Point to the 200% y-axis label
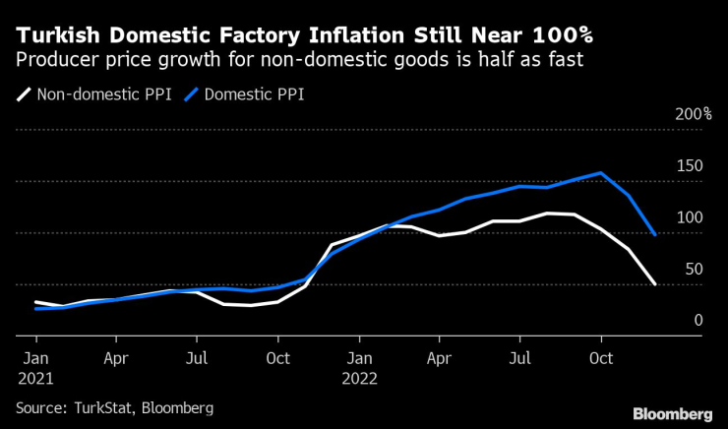pyautogui.click(x=694, y=114)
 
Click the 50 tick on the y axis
pyautogui.click(x=694, y=269)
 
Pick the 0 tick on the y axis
pyautogui.click(x=698, y=320)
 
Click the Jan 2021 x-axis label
pyautogui.click(x=35, y=365)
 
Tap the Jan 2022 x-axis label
pyautogui.click(x=359, y=365)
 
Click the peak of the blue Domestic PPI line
pyautogui.click(x=601, y=173)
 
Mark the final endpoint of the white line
pyautogui.click(x=655, y=284)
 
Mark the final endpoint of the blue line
pyautogui.click(x=655, y=234)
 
